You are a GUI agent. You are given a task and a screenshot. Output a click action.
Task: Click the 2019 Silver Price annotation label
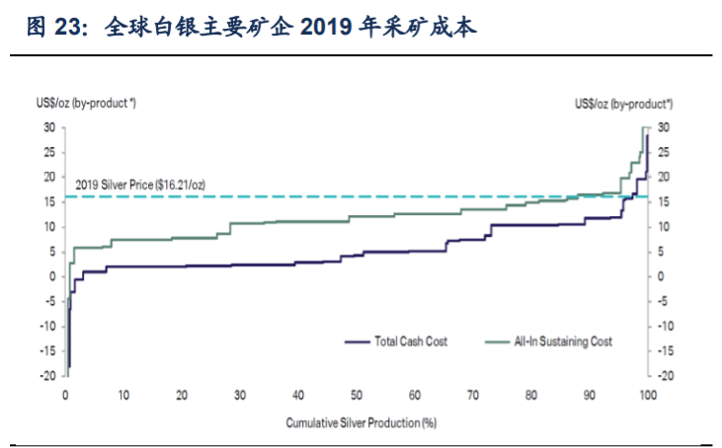point(140,186)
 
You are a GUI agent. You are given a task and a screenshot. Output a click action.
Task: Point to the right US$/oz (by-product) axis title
point(623,103)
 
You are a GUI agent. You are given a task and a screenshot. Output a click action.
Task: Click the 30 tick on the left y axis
point(48,127)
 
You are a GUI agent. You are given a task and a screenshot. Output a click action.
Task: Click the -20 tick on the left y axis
point(46,376)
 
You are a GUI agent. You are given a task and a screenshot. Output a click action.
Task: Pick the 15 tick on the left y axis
point(48,202)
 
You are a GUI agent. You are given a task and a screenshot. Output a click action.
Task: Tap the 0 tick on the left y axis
point(51,276)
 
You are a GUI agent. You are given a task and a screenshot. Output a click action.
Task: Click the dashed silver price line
point(395,196)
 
